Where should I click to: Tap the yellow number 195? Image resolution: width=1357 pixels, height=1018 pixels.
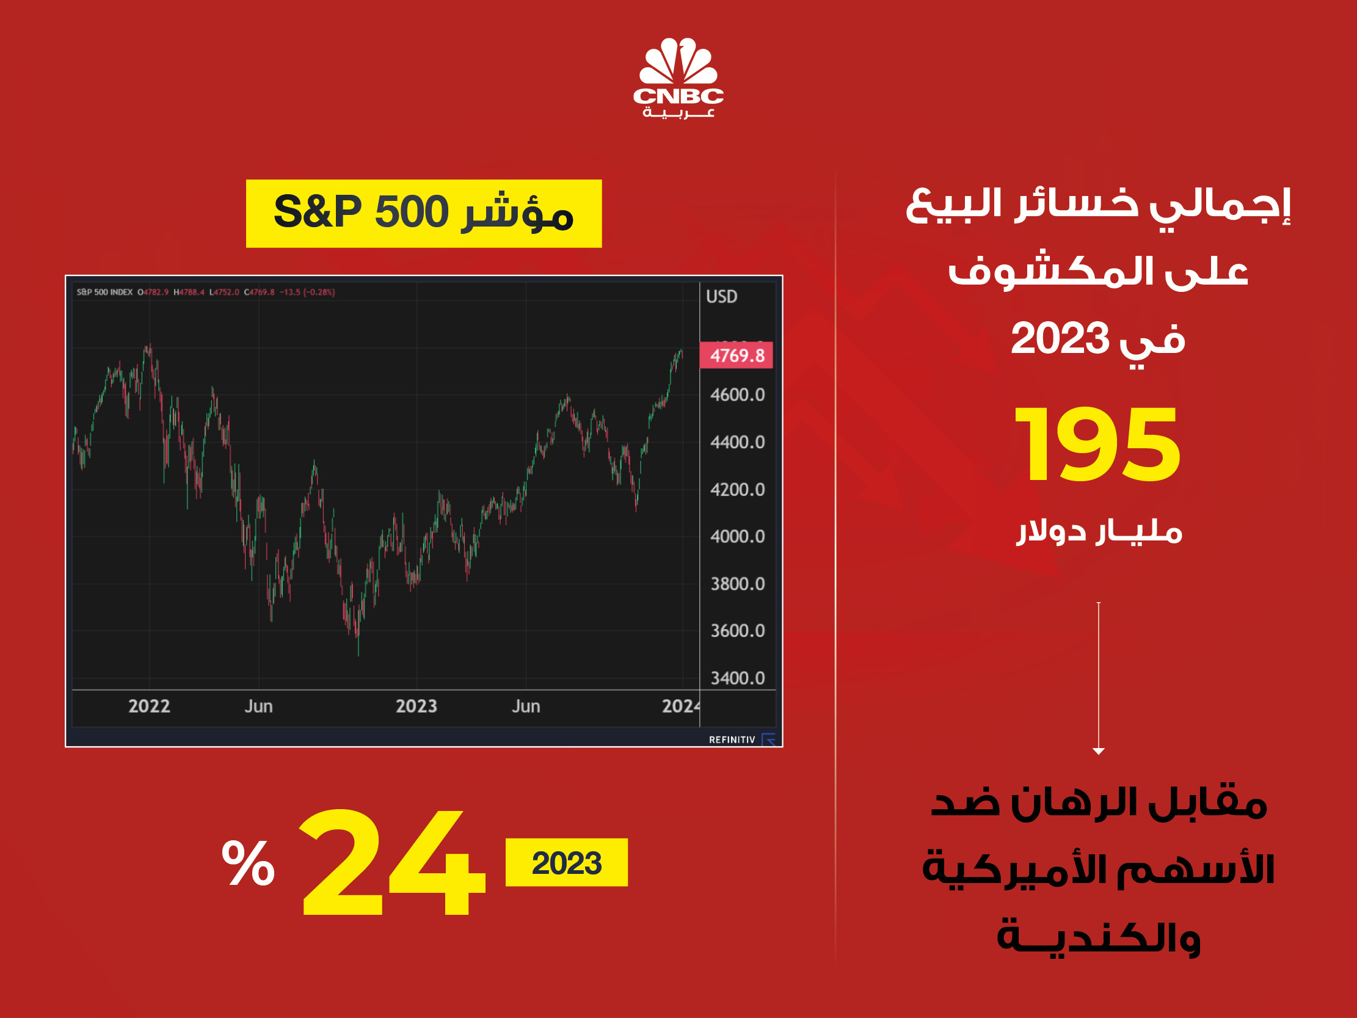(1097, 444)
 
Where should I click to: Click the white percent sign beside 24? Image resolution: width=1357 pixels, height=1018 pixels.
(248, 862)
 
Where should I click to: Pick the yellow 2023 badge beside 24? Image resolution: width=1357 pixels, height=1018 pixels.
(566, 862)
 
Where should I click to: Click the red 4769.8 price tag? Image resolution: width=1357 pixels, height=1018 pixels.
(736, 355)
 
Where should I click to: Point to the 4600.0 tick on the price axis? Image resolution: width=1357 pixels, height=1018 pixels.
(737, 394)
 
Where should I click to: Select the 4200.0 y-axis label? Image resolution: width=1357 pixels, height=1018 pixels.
(737, 490)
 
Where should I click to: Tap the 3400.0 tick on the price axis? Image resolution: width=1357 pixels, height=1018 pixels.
(737, 678)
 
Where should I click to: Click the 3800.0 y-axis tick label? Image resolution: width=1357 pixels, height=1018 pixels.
(737, 584)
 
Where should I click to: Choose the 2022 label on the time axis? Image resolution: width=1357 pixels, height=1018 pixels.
(149, 707)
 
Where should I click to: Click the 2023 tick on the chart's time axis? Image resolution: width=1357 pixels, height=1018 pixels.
(417, 707)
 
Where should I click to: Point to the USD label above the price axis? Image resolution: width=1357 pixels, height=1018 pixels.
(721, 297)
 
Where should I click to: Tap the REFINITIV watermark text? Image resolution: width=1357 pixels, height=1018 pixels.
(732, 740)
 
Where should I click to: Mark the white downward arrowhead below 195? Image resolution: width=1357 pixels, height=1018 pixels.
(1099, 751)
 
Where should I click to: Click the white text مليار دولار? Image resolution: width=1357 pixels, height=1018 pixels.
(1099, 531)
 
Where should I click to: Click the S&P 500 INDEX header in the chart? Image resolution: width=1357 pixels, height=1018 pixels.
(104, 292)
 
